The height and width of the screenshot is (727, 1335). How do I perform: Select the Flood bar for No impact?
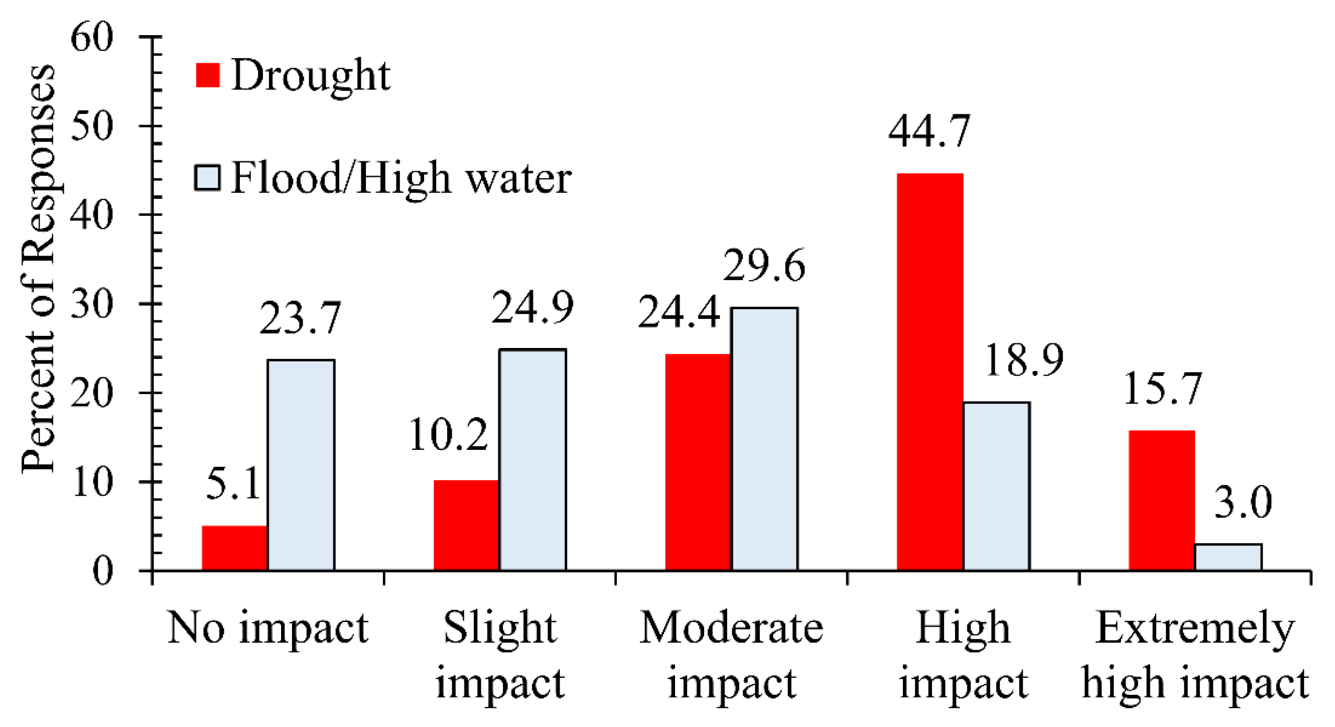click(301, 465)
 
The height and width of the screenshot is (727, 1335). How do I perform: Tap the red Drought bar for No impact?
click(234, 548)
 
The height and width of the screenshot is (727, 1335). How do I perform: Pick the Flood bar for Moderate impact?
click(764, 439)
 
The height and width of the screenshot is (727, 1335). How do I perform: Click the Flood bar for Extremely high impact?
click(1228, 557)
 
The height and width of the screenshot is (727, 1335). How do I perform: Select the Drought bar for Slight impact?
click(466, 525)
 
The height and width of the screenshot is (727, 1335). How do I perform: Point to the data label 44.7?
click(928, 132)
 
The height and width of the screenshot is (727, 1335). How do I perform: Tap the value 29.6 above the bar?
click(764, 266)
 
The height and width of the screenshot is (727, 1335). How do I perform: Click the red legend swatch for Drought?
click(208, 75)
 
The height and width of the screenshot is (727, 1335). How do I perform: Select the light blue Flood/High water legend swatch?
click(207, 178)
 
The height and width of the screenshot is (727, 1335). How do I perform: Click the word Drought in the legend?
click(310, 76)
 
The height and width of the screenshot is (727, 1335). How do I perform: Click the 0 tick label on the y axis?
click(102, 571)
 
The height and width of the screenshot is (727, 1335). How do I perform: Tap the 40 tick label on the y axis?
click(92, 215)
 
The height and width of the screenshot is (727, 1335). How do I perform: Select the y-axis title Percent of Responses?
click(37, 270)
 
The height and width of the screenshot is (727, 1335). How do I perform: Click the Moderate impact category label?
click(731, 655)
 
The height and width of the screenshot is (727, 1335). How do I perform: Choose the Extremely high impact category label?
click(1194, 655)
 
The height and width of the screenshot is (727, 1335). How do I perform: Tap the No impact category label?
click(268, 628)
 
